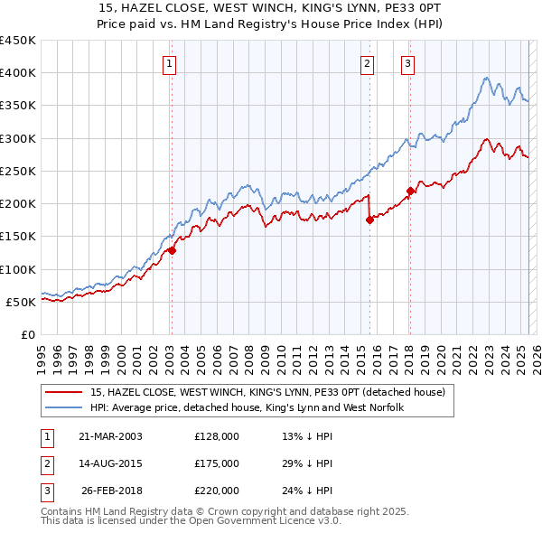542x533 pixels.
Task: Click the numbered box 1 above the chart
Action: click(x=170, y=63)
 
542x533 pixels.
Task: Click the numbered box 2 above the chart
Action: click(x=368, y=63)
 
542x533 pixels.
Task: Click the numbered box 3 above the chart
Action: click(x=408, y=63)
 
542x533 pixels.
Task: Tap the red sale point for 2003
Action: click(x=172, y=251)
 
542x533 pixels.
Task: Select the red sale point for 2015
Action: click(x=369, y=220)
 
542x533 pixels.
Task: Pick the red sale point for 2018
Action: click(x=410, y=191)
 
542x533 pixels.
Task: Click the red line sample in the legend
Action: click(x=64, y=393)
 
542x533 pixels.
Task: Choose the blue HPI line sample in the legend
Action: click(x=64, y=408)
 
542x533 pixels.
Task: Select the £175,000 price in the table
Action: click(x=217, y=463)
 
